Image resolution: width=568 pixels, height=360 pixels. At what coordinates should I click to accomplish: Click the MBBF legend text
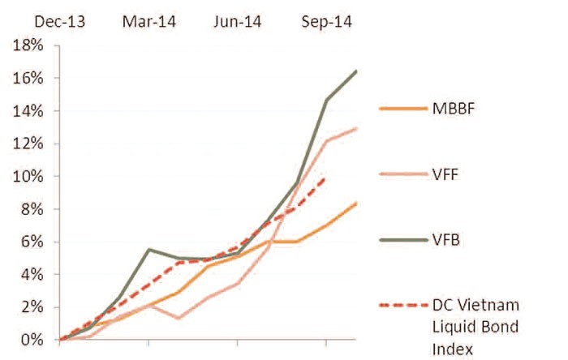coord(457,109)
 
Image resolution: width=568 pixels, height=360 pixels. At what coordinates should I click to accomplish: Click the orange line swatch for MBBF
coord(402,109)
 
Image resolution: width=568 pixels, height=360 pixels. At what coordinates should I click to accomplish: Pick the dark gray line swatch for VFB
coord(402,238)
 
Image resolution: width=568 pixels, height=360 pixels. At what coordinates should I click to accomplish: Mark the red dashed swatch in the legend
coord(402,306)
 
